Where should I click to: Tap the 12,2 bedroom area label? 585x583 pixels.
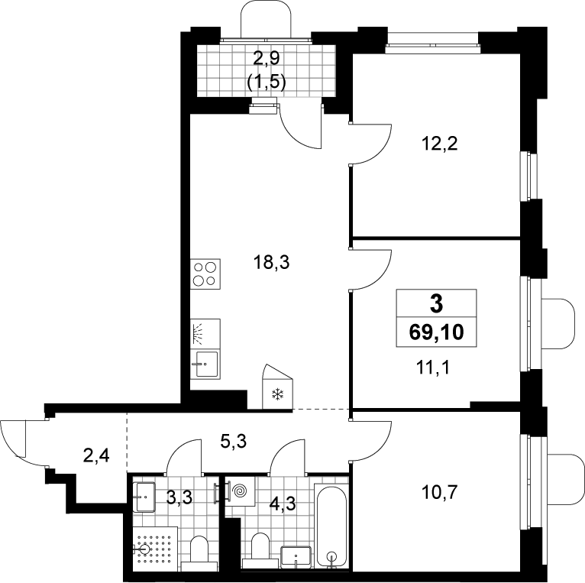[x=439, y=143]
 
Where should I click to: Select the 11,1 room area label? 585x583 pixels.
[x=433, y=368]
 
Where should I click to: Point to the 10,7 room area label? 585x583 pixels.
[x=439, y=493]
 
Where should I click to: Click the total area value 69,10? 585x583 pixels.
[x=436, y=332]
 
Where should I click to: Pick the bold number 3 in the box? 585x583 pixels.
[x=436, y=303]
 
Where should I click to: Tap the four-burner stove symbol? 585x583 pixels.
[x=205, y=274]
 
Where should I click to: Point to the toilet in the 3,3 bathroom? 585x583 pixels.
[x=199, y=553]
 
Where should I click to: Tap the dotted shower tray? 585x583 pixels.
[x=155, y=549]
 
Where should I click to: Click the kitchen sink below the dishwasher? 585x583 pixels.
[x=205, y=364]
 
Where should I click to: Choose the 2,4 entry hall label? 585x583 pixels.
[x=96, y=455]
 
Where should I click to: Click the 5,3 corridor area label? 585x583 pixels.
[x=234, y=442]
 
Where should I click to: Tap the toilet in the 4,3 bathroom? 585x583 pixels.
[x=260, y=551]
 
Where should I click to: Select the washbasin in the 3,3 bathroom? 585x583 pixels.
[x=144, y=497]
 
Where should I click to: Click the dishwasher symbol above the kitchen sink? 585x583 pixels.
[x=205, y=334]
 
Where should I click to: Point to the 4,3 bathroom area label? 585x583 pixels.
[x=283, y=504]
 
